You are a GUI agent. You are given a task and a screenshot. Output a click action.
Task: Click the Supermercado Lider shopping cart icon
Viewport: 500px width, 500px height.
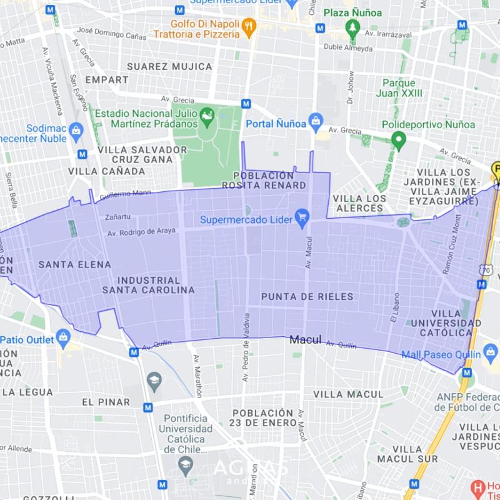point(302,217)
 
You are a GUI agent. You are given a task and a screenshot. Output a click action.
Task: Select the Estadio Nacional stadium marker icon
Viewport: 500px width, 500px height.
point(206,116)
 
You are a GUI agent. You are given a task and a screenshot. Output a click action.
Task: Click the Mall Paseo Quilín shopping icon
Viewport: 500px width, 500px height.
point(491,354)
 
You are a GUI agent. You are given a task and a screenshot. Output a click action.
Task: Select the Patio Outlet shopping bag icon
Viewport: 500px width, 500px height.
point(63,338)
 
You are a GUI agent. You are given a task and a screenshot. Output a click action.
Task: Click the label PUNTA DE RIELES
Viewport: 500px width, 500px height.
point(307,296)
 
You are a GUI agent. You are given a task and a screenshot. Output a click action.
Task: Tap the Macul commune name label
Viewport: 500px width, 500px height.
point(305,340)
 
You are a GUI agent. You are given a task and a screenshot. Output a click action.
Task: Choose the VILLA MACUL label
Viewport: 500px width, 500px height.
point(347,394)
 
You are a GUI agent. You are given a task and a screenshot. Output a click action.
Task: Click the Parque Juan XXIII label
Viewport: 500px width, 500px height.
point(399,88)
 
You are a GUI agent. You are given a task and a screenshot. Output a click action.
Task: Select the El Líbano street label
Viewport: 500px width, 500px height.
point(394,307)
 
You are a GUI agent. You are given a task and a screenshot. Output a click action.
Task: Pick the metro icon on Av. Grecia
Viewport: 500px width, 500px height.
point(246,104)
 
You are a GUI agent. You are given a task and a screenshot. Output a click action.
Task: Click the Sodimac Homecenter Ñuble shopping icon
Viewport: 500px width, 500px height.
point(76,131)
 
